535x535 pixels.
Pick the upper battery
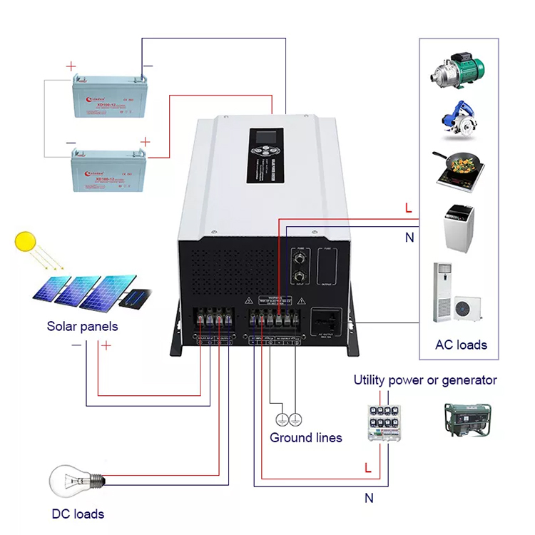(x=105, y=101)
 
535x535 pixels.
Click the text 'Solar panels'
(x=82, y=326)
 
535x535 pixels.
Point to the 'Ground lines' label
(x=305, y=437)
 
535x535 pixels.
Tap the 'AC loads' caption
(x=461, y=345)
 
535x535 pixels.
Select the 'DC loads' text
(x=78, y=514)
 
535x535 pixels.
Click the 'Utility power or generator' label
(x=425, y=380)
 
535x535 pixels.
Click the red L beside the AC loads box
(x=408, y=209)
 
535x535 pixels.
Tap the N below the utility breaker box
(x=369, y=499)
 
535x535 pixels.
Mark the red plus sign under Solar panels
(x=106, y=346)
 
